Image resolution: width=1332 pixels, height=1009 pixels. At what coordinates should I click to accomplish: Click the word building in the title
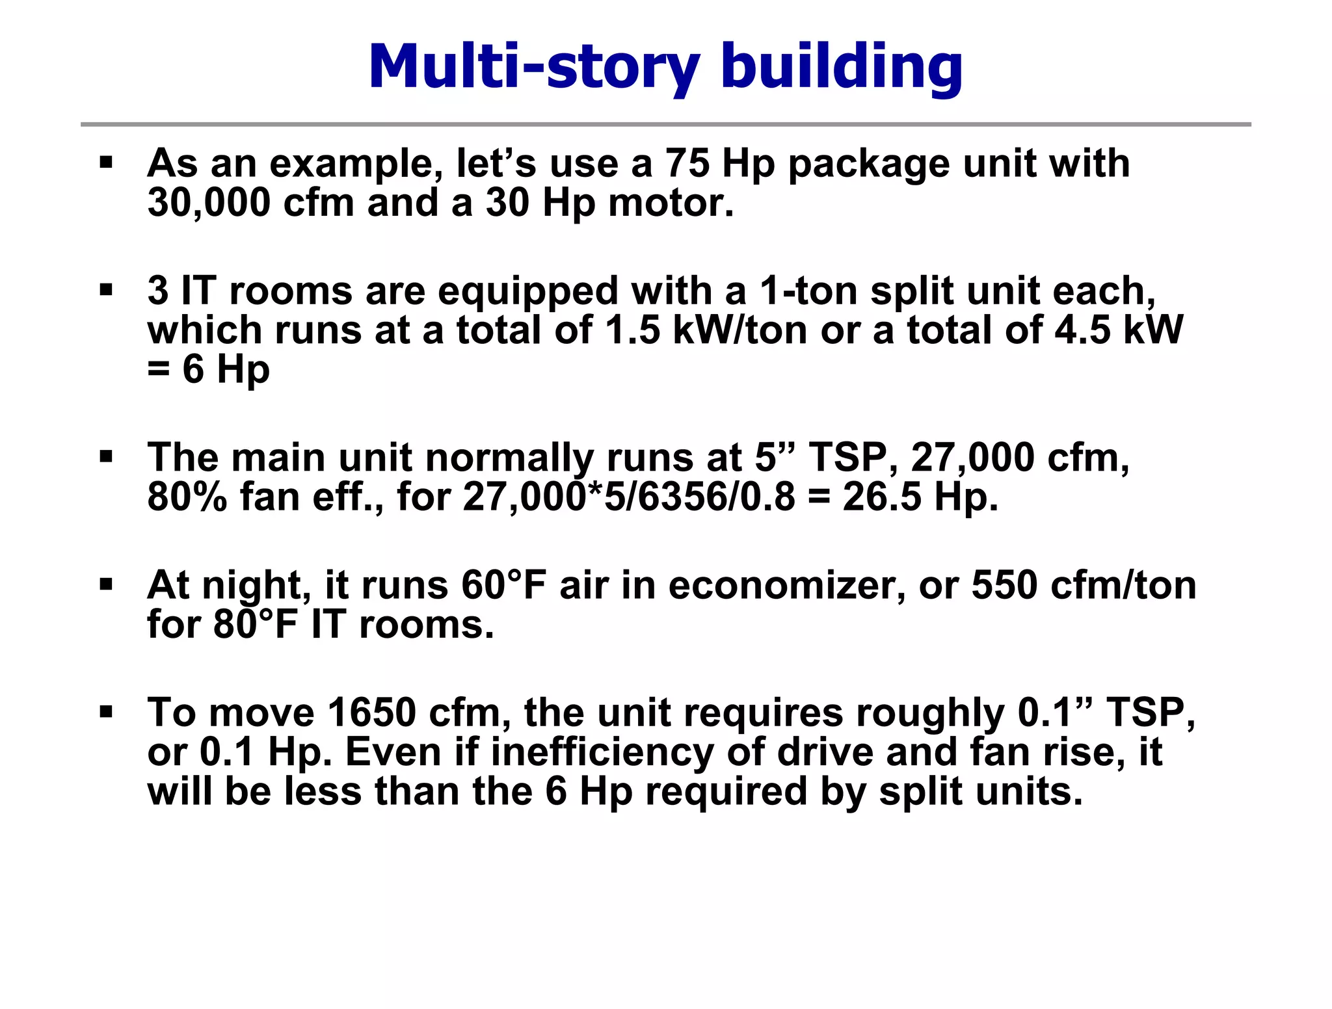tap(842, 66)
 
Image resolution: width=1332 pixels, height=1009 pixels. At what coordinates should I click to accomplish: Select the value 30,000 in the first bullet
tap(209, 203)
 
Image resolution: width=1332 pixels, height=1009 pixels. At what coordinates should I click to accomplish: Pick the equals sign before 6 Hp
tap(158, 369)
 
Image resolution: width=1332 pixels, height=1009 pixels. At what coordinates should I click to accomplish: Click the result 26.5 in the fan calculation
tap(882, 497)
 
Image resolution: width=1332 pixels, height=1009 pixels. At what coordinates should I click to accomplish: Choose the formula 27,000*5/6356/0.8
tap(629, 497)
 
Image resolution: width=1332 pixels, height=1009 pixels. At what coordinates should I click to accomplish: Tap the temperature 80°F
tap(255, 625)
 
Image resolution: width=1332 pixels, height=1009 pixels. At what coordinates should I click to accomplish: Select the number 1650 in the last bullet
tap(371, 713)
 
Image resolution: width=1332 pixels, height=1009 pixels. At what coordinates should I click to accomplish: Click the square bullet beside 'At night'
tap(106, 584)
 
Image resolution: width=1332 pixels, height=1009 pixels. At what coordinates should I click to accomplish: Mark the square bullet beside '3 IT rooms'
tap(106, 289)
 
